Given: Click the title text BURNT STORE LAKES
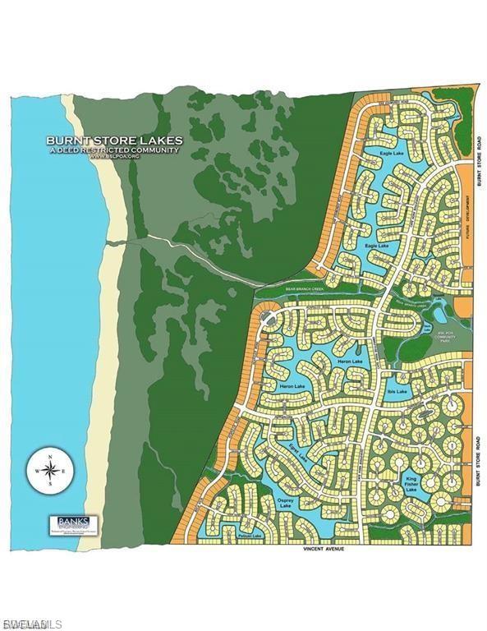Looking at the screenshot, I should (x=114, y=140).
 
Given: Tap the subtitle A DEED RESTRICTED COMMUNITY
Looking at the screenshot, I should (x=114, y=150).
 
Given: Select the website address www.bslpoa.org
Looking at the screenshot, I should (x=114, y=156).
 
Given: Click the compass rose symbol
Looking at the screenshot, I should (x=51, y=471).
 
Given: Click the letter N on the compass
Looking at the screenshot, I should (x=51, y=454).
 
